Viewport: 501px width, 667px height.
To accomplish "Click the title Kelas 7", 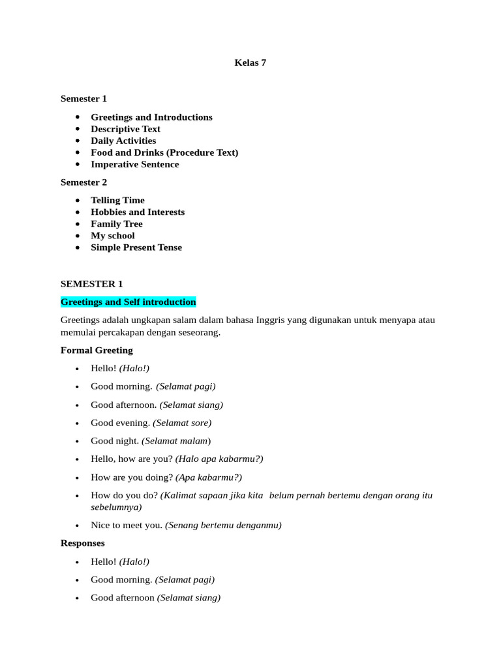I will click(x=250, y=63).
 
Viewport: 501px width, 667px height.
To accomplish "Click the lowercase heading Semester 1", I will click(x=83, y=98).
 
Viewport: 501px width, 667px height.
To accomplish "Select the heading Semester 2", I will click(x=84, y=182).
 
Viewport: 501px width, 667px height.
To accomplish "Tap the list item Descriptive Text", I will click(x=125, y=129).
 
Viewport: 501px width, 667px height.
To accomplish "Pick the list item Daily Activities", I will click(x=123, y=141).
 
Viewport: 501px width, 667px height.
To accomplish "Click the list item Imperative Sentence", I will click(x=134, y=164).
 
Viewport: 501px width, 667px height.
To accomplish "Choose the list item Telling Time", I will click(x=117, y=200).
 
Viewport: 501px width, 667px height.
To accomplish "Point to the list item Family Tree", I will click(x=116, y=223).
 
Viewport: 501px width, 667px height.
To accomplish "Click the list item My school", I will click(x=112, y=235).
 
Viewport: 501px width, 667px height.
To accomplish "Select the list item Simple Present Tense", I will click(x=136, y=247).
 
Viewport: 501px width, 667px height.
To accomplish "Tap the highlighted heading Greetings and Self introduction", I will click(x=128, y=302).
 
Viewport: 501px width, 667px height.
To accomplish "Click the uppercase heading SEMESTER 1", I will click(x=91, y=283).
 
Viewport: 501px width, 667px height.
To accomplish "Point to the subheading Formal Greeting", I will click(x=97, y=350).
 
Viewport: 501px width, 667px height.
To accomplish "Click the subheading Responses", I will click(x=82, y=543).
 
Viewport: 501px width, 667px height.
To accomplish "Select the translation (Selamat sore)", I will click(x=182, y=423).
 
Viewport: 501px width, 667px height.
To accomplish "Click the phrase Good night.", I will click(x=115, y=441).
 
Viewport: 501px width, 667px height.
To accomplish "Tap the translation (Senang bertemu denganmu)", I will click(x=223, y=525).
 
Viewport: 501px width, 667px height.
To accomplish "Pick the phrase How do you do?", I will click(x=124, y=495).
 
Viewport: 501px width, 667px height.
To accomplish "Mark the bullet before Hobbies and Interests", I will click(x=78, y=212).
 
